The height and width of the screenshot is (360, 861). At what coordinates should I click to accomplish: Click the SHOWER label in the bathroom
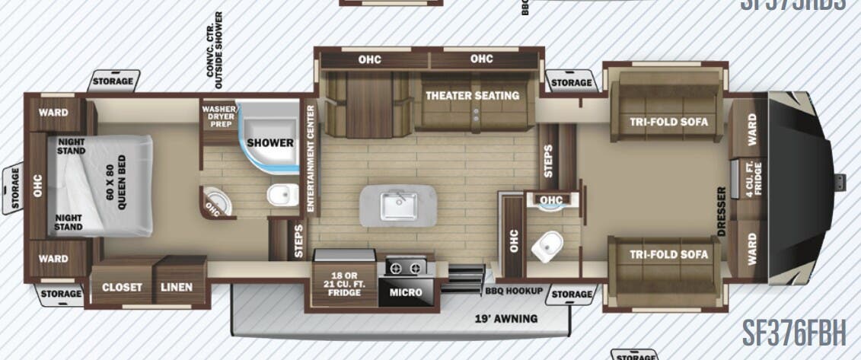click(270, 142)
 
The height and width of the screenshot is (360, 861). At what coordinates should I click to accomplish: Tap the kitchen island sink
click(399, 204)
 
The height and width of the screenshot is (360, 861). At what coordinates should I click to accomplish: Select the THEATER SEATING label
click(472, 96)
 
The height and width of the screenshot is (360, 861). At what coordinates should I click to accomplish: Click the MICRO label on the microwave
click(406, 292)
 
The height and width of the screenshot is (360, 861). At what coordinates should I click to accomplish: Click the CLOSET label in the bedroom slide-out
click(121, 287)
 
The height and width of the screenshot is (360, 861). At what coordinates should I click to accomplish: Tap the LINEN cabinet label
click(176, 287)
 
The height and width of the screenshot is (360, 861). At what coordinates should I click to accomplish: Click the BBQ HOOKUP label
click(513, 292)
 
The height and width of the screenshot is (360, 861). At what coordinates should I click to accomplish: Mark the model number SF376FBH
click(794, 333)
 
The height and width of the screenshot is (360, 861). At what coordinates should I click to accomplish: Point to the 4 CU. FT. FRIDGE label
click(751, 177)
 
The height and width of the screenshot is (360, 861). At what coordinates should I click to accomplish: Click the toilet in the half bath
click(547, 245)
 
